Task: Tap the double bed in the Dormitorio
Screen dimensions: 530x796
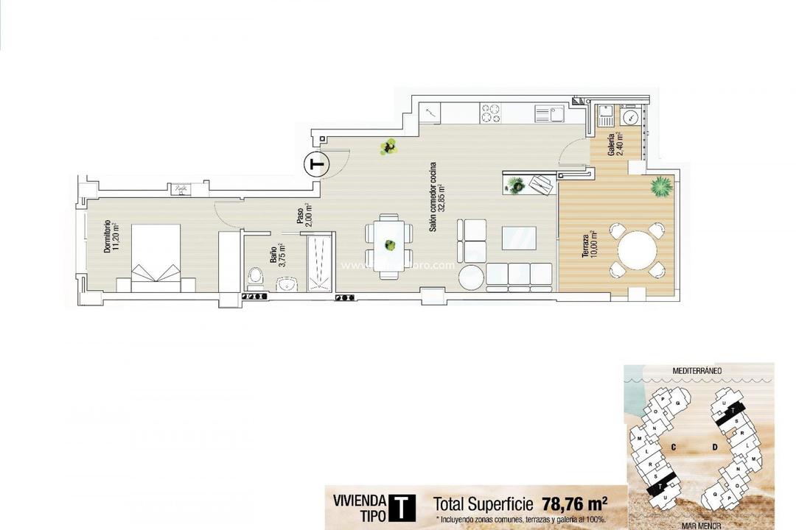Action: click(156, 258)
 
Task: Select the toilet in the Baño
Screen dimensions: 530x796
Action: click(256, 278)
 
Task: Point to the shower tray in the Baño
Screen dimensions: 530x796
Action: click(320, 262)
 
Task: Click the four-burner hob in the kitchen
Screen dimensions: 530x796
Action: click(491, 113)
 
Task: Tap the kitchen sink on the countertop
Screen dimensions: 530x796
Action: click(549, 113)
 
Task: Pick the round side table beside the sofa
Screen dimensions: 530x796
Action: click(471, 278)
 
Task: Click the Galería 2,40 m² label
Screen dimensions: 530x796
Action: click(613, 144)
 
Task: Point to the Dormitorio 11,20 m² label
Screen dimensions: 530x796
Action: click(111, 236)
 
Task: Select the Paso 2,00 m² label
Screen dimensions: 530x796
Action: click(303, 213)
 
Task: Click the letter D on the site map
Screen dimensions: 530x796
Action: click(714, 446)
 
